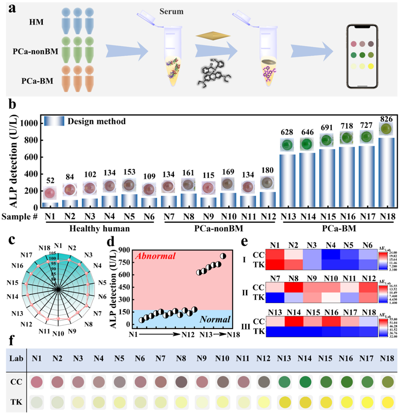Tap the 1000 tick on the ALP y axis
click(29, 123)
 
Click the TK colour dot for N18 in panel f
click(387, 402)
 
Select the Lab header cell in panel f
click(14, 358)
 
